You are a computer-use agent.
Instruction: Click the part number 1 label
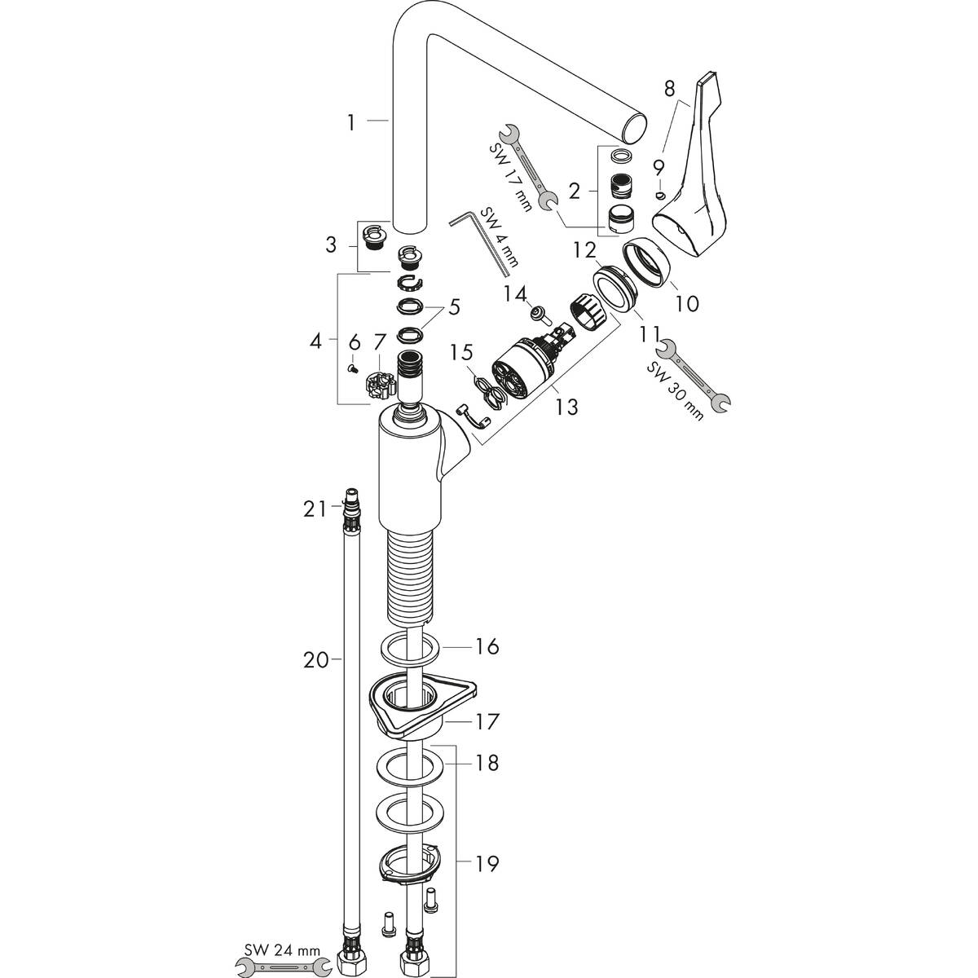tap(350, 122)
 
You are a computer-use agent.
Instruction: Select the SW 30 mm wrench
tap(694, 375)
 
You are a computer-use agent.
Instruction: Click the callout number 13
tap(567, 406)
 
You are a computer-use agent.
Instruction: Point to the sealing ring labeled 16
tap(412, 647)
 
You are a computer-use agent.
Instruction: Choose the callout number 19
tap(487, 863)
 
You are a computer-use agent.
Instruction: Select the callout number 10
tap(686, 304)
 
